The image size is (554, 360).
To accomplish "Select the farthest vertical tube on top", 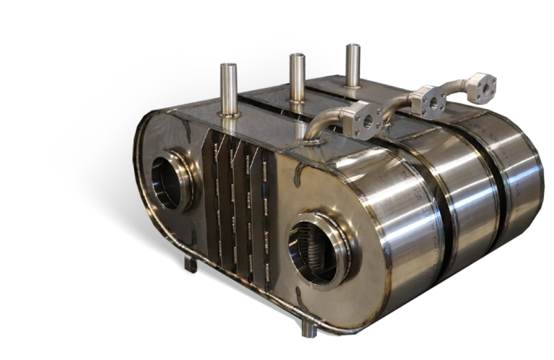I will click(x=353, y=64).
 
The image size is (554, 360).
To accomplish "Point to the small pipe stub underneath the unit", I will click(x=308, y=329).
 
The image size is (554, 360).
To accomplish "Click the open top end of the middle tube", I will click(x=297, y=56).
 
